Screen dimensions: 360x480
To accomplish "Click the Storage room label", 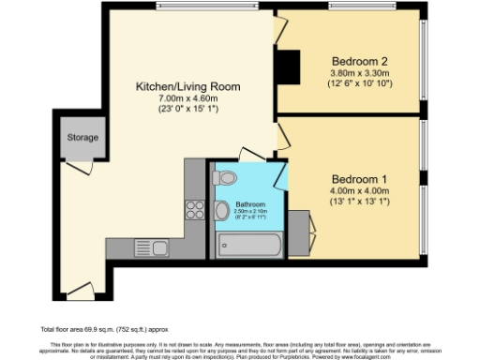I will [x=82, y=139].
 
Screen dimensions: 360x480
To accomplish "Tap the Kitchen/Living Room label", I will [x=187, y=86].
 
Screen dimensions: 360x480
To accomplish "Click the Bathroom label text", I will [x=250, y=204].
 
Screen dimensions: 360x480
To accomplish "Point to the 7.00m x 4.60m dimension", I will [x=187, y=97].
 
